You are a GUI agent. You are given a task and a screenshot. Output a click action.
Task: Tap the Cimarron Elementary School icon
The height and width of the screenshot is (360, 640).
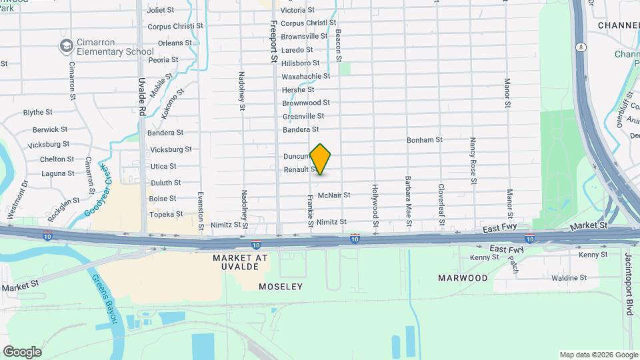[x=66, y=45]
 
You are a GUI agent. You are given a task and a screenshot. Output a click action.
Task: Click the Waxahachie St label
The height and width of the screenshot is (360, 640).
[x=307, y=76]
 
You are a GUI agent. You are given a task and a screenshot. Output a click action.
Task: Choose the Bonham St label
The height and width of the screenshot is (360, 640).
[x=425, y=140]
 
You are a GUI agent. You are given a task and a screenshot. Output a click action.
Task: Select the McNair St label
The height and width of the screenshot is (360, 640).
[x=334, y=195]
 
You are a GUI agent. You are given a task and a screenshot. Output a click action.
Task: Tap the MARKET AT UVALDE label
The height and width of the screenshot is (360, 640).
[x=240, y=262]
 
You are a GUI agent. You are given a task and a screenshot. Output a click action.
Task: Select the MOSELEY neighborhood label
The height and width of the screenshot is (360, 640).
[x=281, y=287]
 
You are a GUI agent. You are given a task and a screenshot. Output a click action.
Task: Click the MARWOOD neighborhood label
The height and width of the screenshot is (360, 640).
[x=463, y=277]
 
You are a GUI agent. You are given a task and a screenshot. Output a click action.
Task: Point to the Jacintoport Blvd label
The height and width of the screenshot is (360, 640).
[x=629, y=284]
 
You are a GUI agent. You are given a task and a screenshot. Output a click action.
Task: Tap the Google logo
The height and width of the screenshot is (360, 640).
[x=22, y=352]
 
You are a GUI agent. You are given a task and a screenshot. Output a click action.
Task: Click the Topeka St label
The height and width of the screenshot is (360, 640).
[x=166, y=214]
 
